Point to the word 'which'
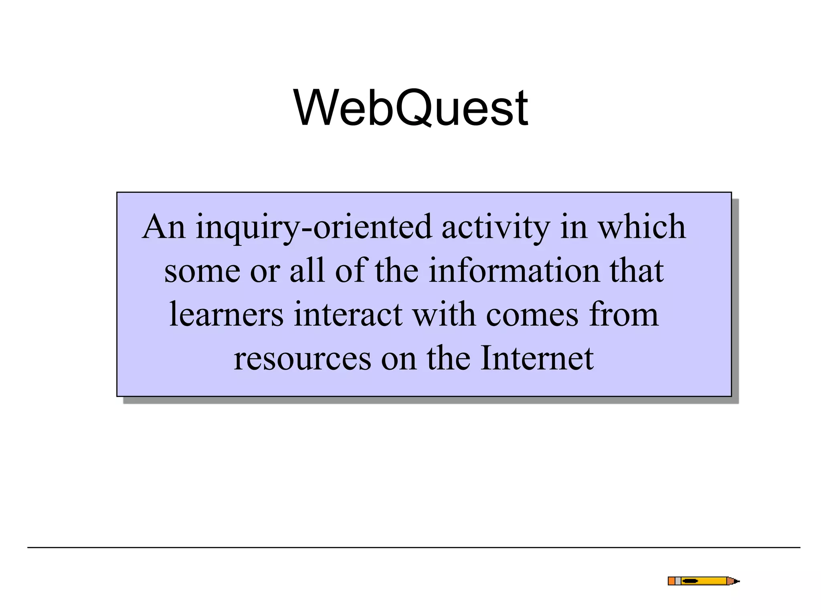tap(641, 227)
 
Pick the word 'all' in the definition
tap(307, 271)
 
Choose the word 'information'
tap(514, 271)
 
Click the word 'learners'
tap(226, 314)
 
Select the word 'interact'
tap(348, 314)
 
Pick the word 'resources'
tap(303, 359)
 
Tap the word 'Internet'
tap(537, 358)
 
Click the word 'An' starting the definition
tap(164, 227)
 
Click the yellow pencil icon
tap(703, 581)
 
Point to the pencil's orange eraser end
tap(671, 581)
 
